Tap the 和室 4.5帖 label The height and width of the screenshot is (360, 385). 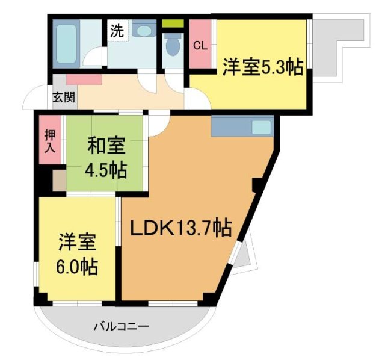coord(106,158)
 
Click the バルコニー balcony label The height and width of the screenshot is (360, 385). coord(121,326)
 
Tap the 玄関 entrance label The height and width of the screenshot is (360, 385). coord(63,97)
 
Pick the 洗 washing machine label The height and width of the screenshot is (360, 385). coord(117,31)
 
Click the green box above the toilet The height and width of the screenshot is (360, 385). coord(173,23)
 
